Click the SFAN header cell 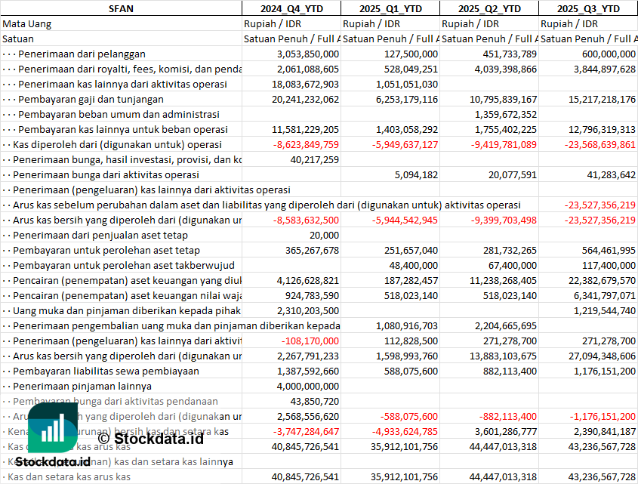(x=121, y=8)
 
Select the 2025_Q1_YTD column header (x=390, y=8)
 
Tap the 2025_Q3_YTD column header (x=588, y=8)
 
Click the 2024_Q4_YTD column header (x=291, y=8)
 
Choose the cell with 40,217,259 (x=314, y=159)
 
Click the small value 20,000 (x=323, y=235)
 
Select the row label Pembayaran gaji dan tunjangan (x=91, y=99)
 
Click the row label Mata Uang (x=26, y=23)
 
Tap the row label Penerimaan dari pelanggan (x=82, y=54)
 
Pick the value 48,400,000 (x=414, y=265)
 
